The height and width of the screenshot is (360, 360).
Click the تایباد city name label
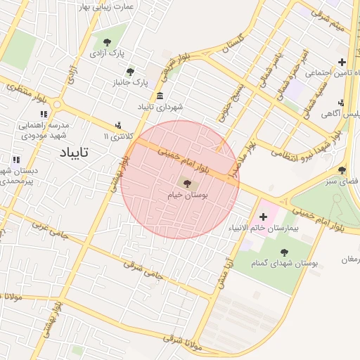coord(72,151)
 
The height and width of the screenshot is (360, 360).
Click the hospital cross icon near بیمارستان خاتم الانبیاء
coord(263,217)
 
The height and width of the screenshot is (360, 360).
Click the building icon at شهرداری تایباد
coord(160,96)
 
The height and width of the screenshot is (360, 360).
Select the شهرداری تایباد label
coord(160,107)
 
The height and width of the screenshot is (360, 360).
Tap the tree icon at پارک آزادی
coord(107,42)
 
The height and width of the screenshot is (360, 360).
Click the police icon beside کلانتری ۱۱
coord(117,125)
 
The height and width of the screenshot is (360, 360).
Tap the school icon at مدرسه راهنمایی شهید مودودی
coord(44,114)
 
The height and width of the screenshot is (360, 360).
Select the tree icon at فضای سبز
coord(342,170)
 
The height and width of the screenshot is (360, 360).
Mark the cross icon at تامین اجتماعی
coord(342,63)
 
